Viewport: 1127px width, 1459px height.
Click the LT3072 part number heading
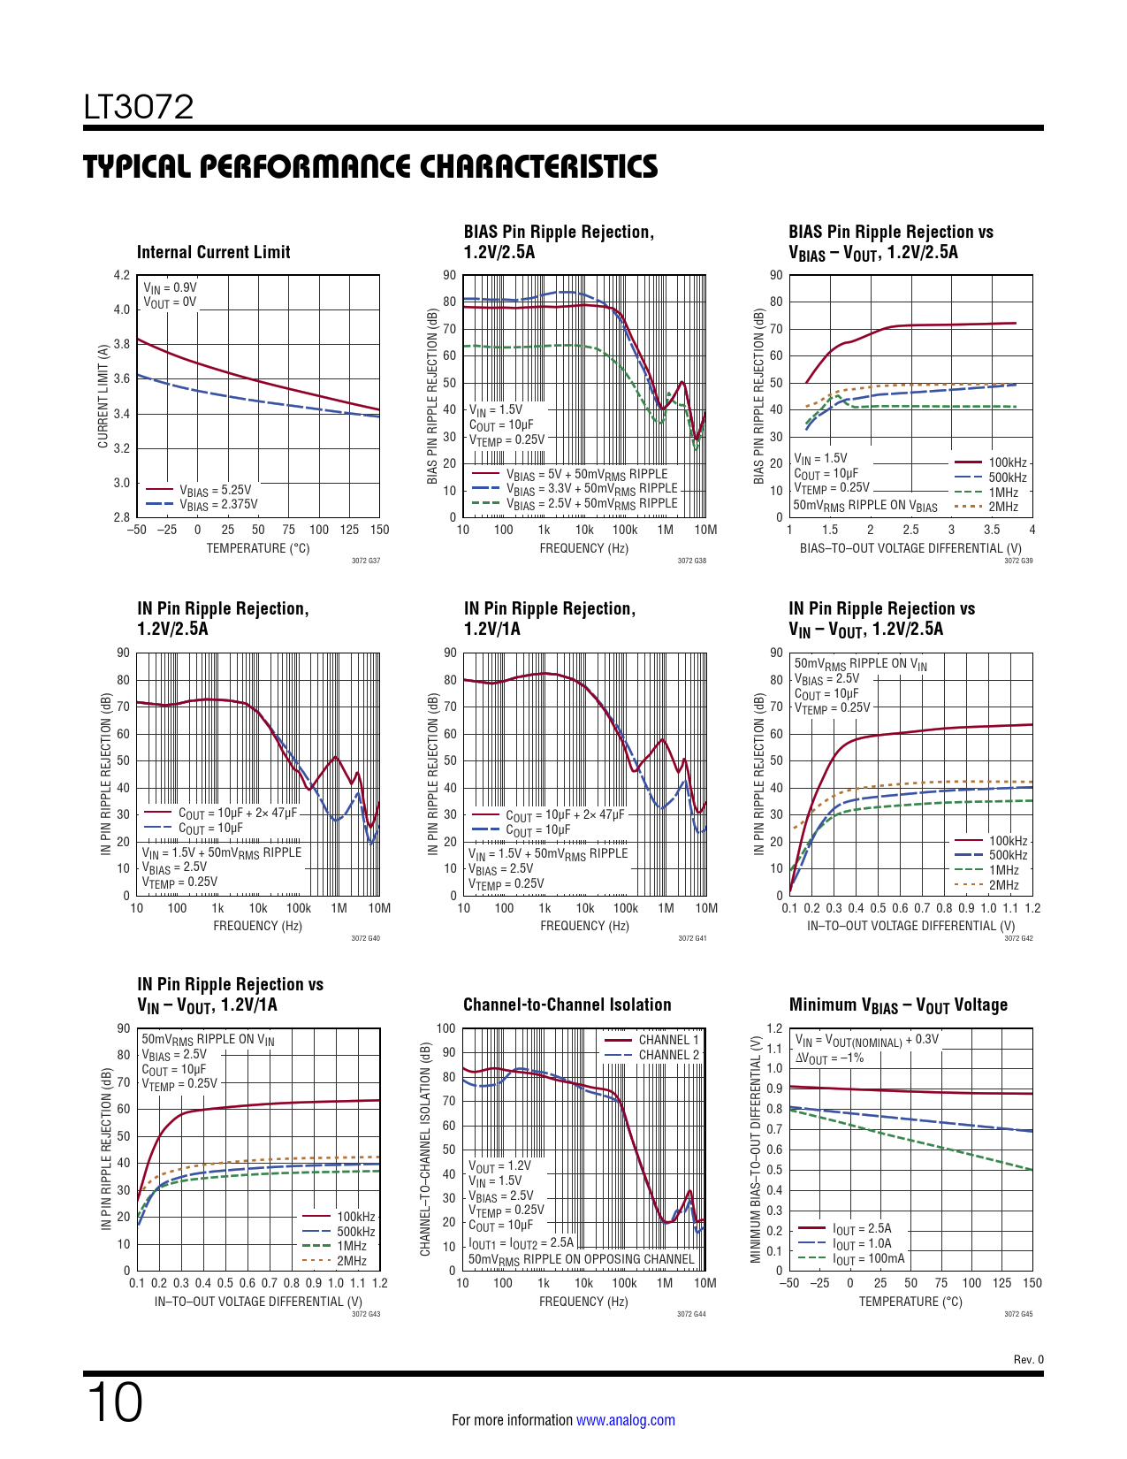click(x=139, y=108)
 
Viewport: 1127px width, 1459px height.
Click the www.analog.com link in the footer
click(x=625, y=1420)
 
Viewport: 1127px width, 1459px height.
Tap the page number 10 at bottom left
click(x=115, y=1402)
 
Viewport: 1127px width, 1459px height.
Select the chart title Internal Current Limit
click(x=213, y=252)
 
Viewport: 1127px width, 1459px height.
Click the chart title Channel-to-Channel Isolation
click(x=567, y=1004)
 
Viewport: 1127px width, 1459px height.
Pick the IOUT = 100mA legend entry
click(x=868, y=1258)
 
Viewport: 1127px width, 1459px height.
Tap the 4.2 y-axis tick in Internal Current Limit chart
click(x=122, y=275)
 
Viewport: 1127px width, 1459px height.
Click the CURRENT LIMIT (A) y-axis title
click(x=103, y=396)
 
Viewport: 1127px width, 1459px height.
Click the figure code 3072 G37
click(x=366, y=561)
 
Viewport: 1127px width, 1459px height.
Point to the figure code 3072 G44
click(x=691, y=1314)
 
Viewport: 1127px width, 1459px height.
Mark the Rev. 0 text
click(x=1028, y=1360)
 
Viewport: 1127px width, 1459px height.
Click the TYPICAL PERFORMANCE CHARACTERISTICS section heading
click(x=370, y=166)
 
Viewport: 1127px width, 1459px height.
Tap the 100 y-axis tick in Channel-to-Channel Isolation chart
click(x=446, y=1028)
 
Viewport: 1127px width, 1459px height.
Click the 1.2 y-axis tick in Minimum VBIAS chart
click(x=774, y=1028)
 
